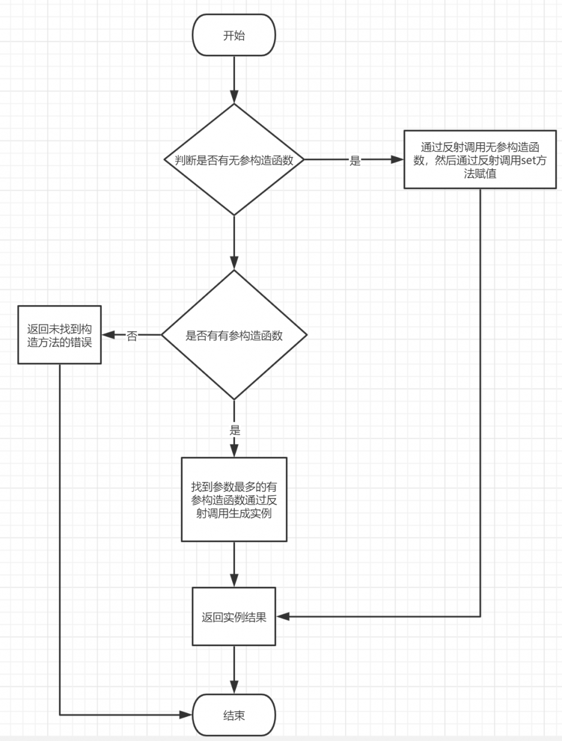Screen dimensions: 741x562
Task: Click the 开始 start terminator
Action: coord(234,35)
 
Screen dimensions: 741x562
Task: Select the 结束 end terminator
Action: coord(234,715)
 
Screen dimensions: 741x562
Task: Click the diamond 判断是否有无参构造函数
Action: coord(234,160)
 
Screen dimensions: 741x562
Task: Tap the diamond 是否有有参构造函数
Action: coord(234,335)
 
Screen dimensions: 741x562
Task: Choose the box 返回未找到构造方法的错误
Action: coord(60,335)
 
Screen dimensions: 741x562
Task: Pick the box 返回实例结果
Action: coord(234,617)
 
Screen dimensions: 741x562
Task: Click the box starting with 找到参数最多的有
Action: coord(234,499)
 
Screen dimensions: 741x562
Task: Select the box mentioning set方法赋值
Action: coord(480,160)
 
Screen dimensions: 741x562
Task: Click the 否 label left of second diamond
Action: coord(132,336)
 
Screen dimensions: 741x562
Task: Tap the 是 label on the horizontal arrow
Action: coord(355,161)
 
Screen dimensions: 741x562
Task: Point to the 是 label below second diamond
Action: coord(235,430)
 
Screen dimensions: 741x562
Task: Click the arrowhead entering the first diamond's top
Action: coord(234,97)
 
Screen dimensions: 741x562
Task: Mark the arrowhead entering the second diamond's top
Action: coord(234,263)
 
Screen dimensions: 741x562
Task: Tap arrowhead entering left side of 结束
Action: coord(186,715)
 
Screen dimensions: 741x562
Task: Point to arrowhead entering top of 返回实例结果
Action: coord(234,580)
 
